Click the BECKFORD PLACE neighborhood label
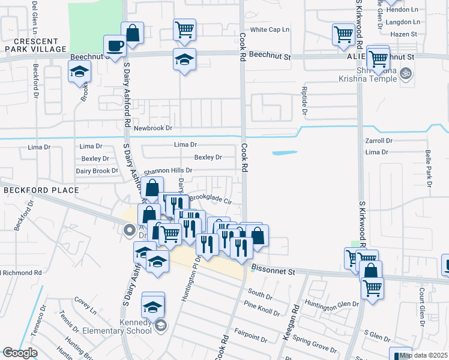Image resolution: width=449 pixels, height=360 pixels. tap(41, 190)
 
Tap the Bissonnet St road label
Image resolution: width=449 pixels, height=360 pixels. tap(274, 272)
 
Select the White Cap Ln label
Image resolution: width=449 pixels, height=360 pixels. tap(270, 29)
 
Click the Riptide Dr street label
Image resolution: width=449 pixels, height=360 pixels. tap(304, 100)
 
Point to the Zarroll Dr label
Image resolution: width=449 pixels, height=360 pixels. tap(378, 140)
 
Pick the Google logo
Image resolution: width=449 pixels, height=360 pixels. tap(19, 353)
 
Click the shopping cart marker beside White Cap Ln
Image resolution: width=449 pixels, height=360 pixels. tap(184, 29)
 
